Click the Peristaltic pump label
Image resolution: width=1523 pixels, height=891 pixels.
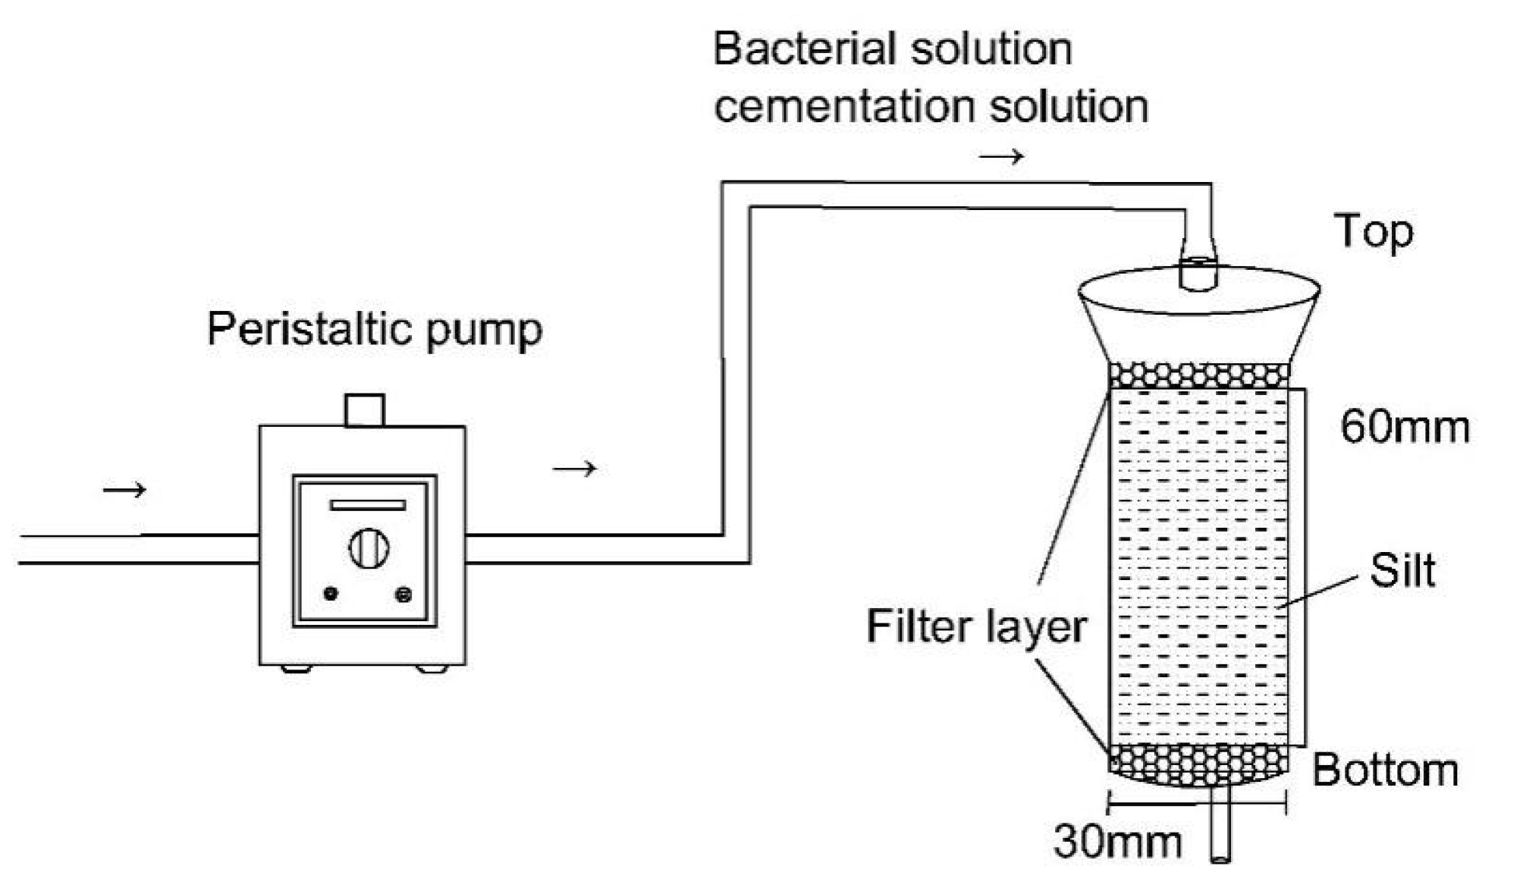point(375,331)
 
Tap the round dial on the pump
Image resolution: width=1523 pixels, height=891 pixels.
point(369,547)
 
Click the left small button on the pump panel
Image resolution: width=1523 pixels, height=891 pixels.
point(331,594)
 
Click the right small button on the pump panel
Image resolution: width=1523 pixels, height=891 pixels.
point(404,595)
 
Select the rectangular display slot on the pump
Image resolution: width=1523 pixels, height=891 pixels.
point(368,505)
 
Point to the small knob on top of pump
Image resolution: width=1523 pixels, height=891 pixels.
point(365,410)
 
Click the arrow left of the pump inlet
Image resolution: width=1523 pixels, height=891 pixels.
point(124,490)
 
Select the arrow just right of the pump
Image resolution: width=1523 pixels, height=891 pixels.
point(575,469)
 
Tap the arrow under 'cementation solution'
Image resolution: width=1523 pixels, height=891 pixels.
point(1001,157)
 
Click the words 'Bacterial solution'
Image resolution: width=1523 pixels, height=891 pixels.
point(893,49)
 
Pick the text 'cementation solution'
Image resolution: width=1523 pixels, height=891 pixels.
point(931,106)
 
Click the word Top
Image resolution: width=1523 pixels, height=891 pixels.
point(1374,232)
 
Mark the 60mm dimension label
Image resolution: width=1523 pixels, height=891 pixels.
point(1405,427)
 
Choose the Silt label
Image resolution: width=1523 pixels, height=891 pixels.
point(1402,570)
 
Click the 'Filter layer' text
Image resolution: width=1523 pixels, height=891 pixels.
point(976,627)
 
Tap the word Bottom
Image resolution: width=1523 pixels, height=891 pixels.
point(1385,770)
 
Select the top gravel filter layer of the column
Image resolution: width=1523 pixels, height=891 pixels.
point(1199,375)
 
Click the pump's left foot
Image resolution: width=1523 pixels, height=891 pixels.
point(296,669)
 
